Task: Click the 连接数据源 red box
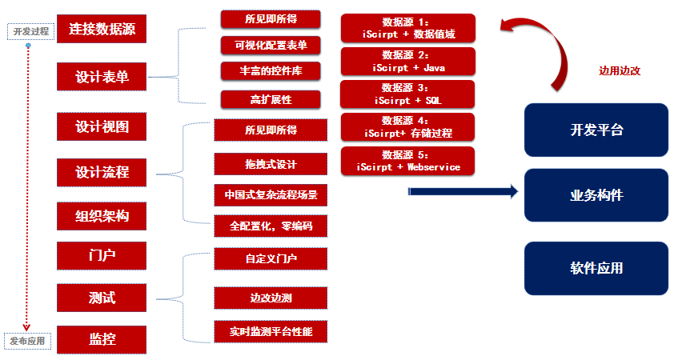pos(102,30)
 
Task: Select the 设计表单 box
pos(102,77)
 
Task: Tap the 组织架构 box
pos(102,216)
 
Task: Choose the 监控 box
pos(102,339)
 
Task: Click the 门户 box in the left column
pos(102,256)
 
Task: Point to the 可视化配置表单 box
pos(271,45)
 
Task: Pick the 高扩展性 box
pos(271,100)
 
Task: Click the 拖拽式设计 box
pos(271,164)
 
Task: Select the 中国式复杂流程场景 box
pos(271,195)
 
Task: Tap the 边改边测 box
pos(271,298)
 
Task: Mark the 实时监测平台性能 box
pos(271,330)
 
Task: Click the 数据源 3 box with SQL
pos(407,94)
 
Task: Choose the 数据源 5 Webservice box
pos(407,161)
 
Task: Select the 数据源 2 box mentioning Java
pos(407,61)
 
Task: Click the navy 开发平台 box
pos(596,130)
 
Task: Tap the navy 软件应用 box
pos(596,268)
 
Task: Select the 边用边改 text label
pos(620,70)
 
